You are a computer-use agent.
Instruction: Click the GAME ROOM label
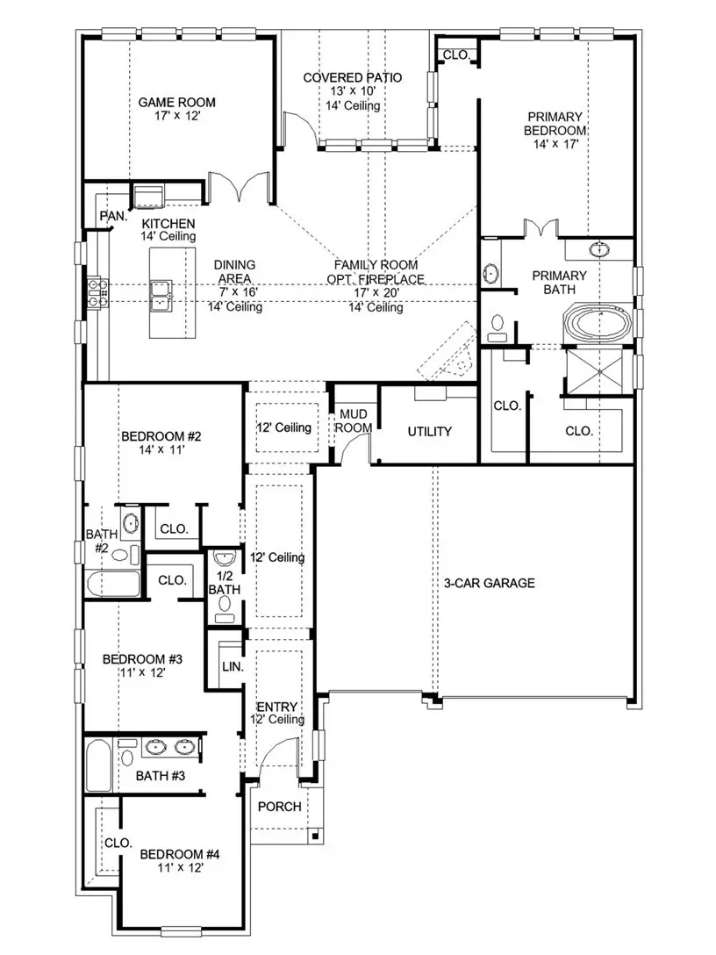[176, 102]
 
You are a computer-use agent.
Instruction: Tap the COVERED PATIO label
[353, 78]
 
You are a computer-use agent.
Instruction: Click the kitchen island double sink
[161, 296]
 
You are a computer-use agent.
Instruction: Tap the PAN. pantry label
[112, 215]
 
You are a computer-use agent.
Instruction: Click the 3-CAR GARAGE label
[490, 583]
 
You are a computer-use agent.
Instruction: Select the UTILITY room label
[429, 431]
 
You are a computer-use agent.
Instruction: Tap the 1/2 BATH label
[223, 583]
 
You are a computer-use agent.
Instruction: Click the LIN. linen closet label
[233, 666]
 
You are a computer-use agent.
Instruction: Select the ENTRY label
[276, 707]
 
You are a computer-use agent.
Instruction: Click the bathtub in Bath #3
[98, 766]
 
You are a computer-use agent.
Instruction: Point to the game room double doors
[238, 185]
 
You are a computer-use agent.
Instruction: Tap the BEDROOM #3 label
[142, 659]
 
